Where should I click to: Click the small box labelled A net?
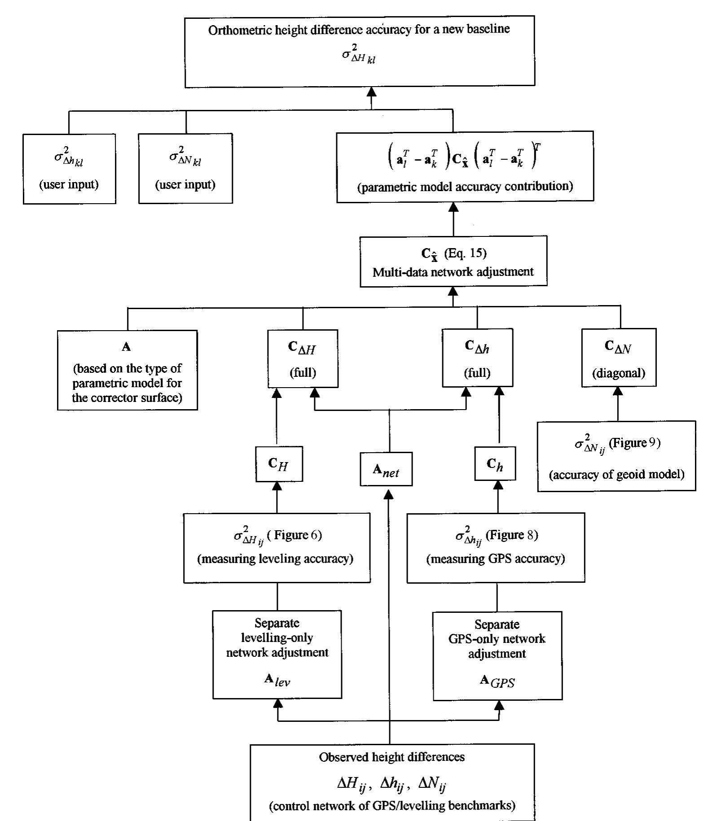click(x=386, y=469)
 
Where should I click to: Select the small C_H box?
click(x=279, y=464)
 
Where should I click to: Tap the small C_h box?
click(x=495, y=464)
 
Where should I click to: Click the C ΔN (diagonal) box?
click(x=619, y=358)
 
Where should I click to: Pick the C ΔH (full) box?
click(x=303, y=358)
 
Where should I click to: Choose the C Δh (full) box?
click(x=477, y=358)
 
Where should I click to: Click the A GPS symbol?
click(x=497, y=681)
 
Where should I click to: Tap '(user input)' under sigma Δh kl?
click(x=69, y=184)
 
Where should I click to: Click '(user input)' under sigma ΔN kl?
click(x=185, y=184)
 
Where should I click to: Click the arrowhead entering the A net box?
click(x=389, y=493)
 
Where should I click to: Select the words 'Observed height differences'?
click(x=391, y=757)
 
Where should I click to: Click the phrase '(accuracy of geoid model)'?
click(x=616, y=474)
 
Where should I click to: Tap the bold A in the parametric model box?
click(x=127, y=347)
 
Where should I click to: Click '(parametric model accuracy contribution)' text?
click(x=465, y=187)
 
